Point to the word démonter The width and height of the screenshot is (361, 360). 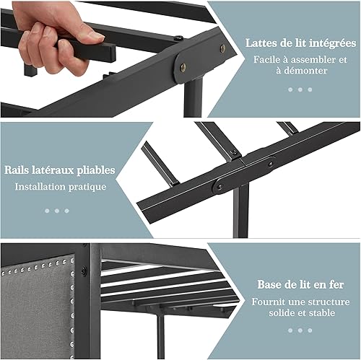[305, 71]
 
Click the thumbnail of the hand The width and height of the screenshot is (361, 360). [95, 35]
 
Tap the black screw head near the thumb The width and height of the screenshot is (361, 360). [178, 38]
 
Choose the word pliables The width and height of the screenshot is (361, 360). [96, 170]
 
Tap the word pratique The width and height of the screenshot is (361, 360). [87, 188]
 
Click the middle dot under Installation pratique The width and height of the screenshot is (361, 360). [57, 211]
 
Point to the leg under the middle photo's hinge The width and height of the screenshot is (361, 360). [240, 211]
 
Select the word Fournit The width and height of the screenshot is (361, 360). [266, 302]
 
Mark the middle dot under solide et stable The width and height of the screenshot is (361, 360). [300, 330]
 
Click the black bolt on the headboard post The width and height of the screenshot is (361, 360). [84, 270]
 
